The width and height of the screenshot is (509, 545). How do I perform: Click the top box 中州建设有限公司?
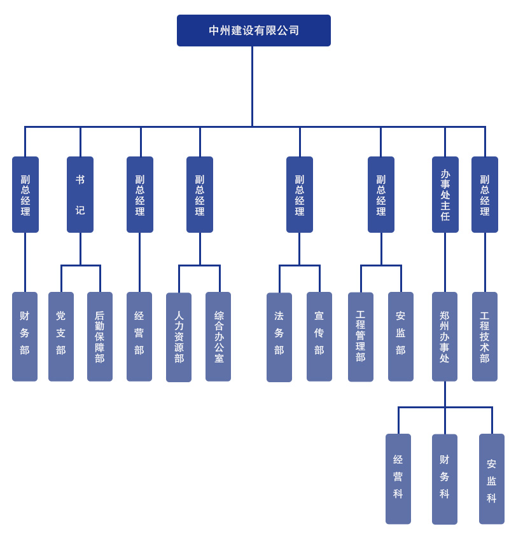(253, 31)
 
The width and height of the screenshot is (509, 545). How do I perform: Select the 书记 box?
(80, 195)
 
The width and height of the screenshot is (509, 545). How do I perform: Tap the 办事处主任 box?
(445, 195)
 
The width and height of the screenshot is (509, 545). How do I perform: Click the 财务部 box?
(25, 336)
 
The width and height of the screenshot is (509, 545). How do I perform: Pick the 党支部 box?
(61, 336)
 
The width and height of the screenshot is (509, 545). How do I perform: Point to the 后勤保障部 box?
(100, 336)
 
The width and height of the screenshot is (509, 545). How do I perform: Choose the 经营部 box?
(139, 336)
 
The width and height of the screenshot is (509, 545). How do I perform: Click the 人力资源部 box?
(179, 337)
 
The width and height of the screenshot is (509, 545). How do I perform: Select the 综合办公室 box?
(218, 336)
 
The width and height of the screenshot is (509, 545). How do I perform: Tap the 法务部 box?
(279, 337)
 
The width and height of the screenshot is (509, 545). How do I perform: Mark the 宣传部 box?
(319, 336)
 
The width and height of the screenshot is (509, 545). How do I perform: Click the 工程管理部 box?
(361, 337)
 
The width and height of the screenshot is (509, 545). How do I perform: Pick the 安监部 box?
(401, 336)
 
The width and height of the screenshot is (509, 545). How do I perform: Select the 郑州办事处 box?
(445, 336)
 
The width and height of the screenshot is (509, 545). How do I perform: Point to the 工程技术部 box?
(485, 336)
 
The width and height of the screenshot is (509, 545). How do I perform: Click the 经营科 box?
(398, 479)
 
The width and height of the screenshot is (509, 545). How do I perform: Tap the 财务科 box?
(445, 479)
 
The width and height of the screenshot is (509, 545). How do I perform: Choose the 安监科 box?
(492, 479)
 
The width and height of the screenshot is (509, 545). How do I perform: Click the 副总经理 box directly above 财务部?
(25, 195)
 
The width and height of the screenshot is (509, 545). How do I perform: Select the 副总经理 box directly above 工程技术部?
(485, 195)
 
